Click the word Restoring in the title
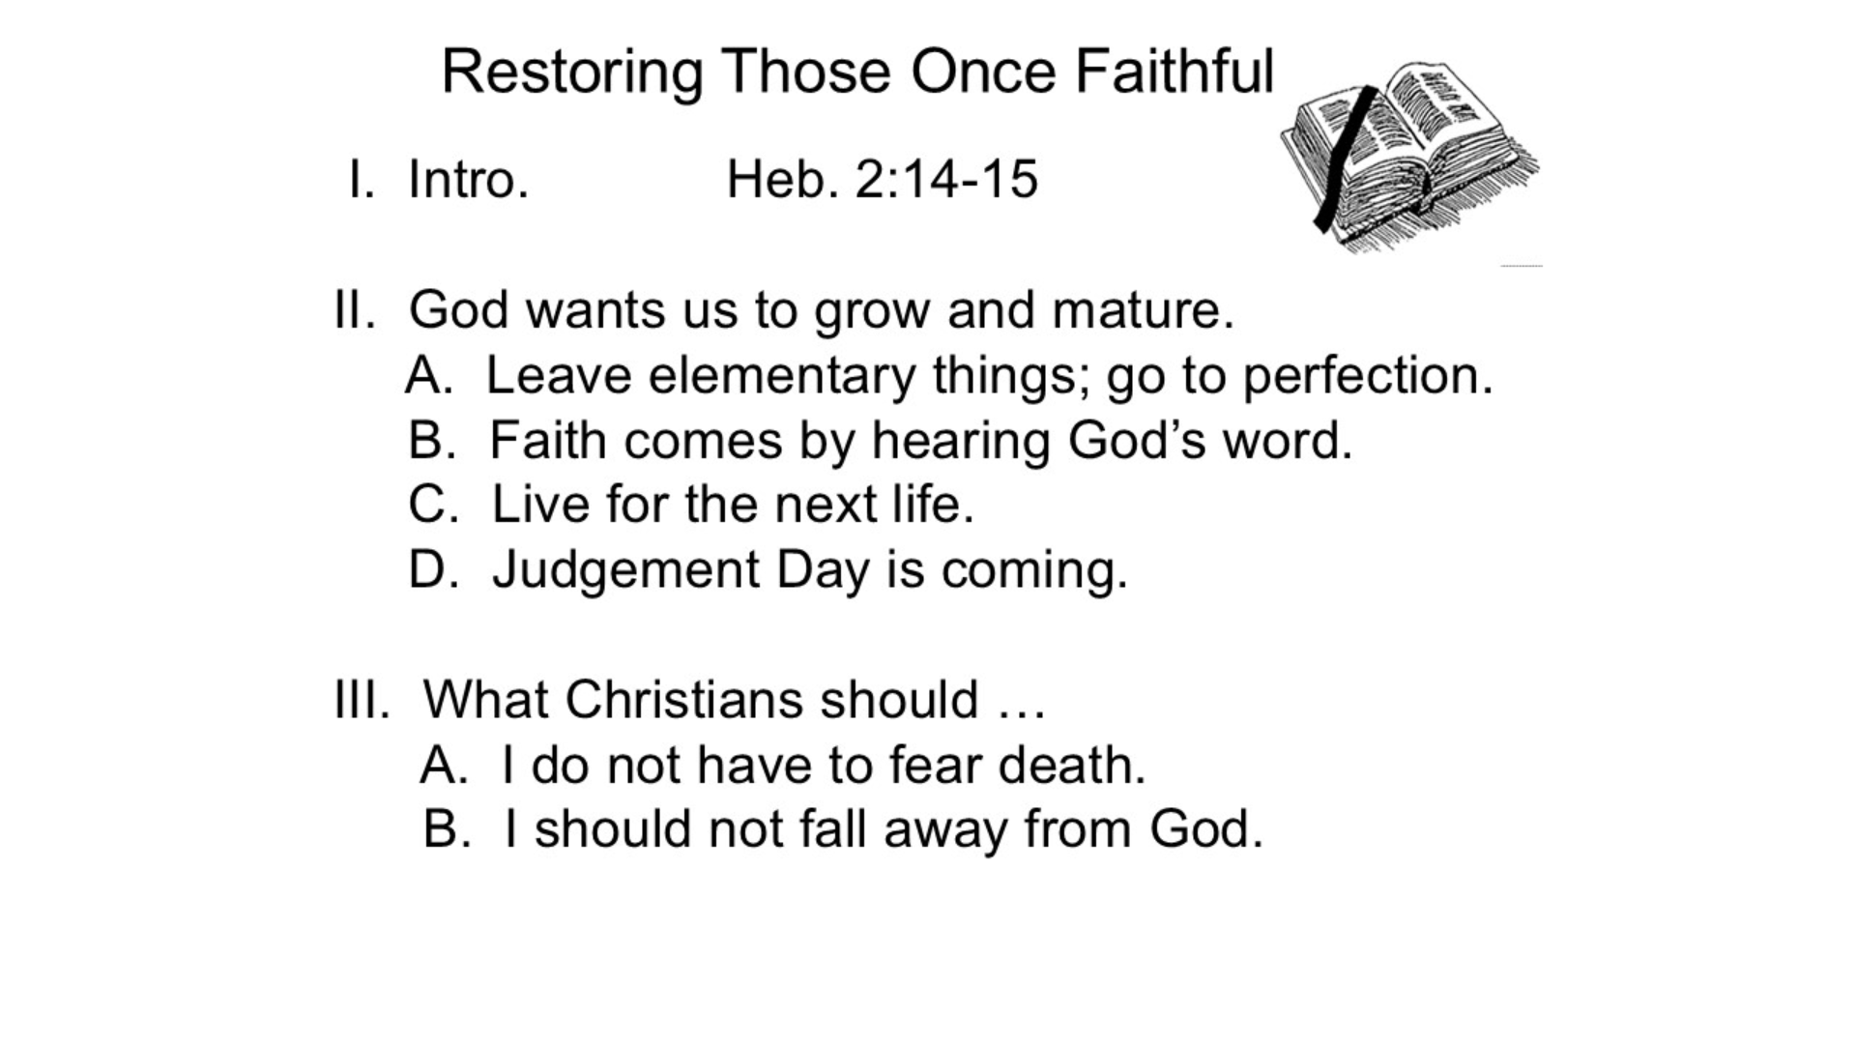point(572,72)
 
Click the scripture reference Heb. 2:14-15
point(882,179)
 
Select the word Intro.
point(468,179)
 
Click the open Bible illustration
point(1409,158)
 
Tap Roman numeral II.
point(354,310)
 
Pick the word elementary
point(781,377)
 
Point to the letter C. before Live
point(433,505)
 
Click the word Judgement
point(626,570)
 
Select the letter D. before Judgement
point(433,569)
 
